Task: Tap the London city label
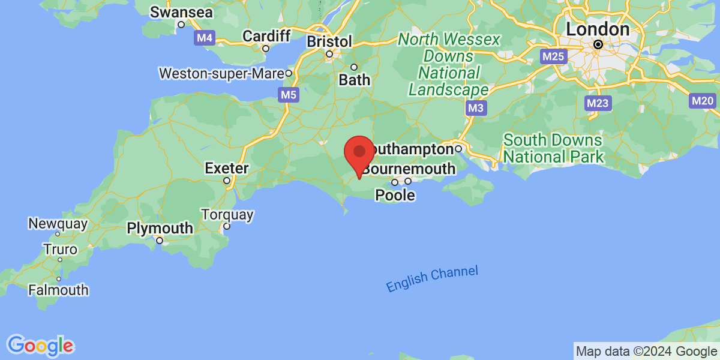click(598, 29)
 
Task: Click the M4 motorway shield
click(205, 38)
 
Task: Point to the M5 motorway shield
click(289, 94)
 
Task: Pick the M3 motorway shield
click(476, 108)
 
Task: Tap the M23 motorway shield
click(598, 103)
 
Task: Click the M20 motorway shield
click(703, 101)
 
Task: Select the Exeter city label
click(227, 168)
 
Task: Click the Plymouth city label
click(160, 229)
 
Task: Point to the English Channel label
click(432, 279)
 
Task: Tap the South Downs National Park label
click(553, 149)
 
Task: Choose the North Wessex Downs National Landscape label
click(449, 65)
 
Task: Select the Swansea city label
click(174, 12)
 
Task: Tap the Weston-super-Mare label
click(221, 74)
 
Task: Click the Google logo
click(41, 345)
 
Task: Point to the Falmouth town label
click(58, 290)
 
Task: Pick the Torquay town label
click(227, 215)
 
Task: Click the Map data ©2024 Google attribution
click(646, 352)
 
